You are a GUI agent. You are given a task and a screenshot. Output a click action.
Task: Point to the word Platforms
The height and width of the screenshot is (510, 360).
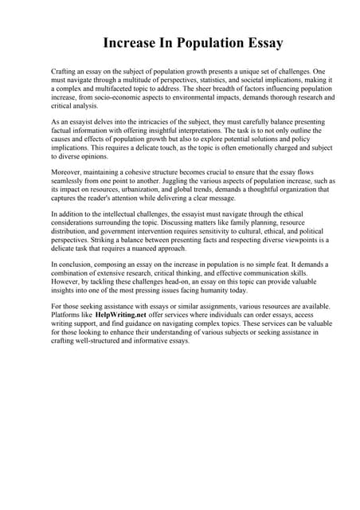pos(66,315)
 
